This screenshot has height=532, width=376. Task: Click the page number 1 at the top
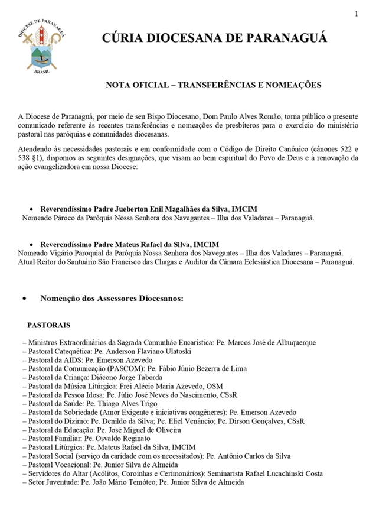357,14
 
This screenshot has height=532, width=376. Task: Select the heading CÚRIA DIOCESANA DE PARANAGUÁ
214,39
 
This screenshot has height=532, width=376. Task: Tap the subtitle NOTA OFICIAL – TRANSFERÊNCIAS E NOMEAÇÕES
213,85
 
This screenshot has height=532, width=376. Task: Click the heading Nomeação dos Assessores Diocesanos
112,299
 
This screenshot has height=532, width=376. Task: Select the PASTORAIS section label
48,325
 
